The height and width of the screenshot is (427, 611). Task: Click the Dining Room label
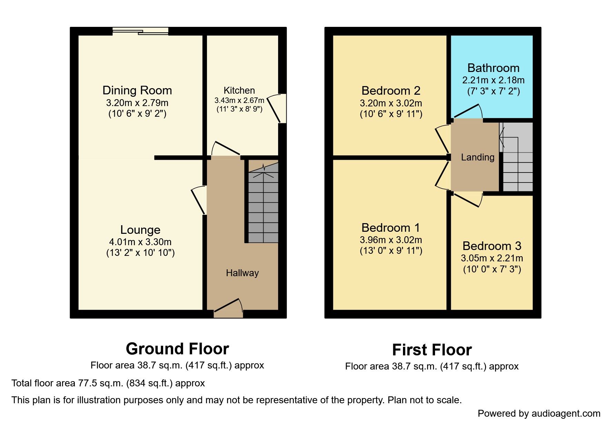tap(137, 90)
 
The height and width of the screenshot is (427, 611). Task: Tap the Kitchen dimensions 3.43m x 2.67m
tap(239, 101)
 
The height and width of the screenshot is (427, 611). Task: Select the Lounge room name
tap(140, 230)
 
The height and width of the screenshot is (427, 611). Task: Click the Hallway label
tap(242, 273)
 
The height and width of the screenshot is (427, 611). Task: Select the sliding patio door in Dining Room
tap(140, 31)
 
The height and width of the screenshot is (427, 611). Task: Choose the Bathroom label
tap(493, 68)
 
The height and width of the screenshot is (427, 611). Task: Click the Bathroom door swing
tap(468, 111)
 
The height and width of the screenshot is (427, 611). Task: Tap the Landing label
tap(477, 157)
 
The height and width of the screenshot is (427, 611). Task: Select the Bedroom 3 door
tap(468, 200)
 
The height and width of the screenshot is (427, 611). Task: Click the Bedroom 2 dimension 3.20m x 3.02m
tap(391, 103)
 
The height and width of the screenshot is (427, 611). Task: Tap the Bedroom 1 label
tap(391, 228)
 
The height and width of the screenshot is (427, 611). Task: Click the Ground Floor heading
tap(177, 349)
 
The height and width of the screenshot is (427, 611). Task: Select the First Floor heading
tap(432, 350)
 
